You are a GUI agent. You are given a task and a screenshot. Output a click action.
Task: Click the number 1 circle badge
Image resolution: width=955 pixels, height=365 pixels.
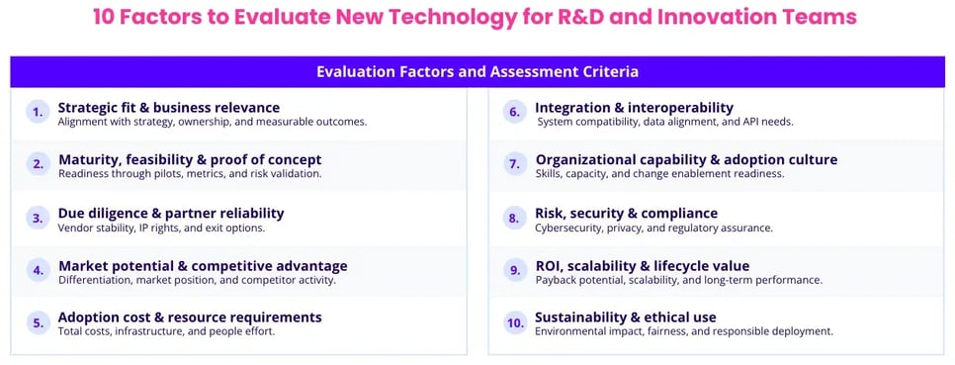coord(38,112)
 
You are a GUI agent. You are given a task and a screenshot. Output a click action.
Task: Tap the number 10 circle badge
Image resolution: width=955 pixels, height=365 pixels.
coord(515,322)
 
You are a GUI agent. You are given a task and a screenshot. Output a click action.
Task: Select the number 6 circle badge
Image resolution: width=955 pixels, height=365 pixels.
coord(515,112)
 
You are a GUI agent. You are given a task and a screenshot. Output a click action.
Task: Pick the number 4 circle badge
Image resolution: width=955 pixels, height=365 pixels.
coord(38,270)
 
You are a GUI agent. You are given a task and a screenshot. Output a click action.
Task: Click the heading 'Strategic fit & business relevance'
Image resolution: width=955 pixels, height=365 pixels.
coord(169,108)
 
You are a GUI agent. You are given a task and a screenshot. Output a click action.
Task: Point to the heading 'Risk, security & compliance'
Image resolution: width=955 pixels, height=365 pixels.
coord(626,214)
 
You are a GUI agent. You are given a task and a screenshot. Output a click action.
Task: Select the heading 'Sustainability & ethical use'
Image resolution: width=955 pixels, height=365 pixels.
coord(626,318)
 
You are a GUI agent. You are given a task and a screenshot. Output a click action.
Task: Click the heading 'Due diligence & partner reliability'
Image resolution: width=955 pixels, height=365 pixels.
coord(171,214)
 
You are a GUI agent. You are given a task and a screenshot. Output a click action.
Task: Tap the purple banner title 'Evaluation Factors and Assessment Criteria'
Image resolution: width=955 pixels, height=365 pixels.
coord(477,72)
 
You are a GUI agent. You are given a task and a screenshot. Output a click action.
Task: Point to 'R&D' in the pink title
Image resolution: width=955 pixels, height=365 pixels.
coord(581,17)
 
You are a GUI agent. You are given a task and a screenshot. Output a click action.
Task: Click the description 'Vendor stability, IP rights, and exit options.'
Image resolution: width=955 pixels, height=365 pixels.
coord(161,228)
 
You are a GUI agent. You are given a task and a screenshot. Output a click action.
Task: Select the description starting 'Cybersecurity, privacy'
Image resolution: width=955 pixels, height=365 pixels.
coord(654,228)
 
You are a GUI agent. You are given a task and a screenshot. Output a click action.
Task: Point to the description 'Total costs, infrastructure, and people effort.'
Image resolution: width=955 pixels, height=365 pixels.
coord(166,332)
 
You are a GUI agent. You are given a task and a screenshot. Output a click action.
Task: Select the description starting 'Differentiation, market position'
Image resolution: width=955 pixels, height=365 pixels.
coord(197,281)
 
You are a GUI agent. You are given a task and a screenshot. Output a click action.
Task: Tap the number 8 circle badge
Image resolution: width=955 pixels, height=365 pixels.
coord(515,218)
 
